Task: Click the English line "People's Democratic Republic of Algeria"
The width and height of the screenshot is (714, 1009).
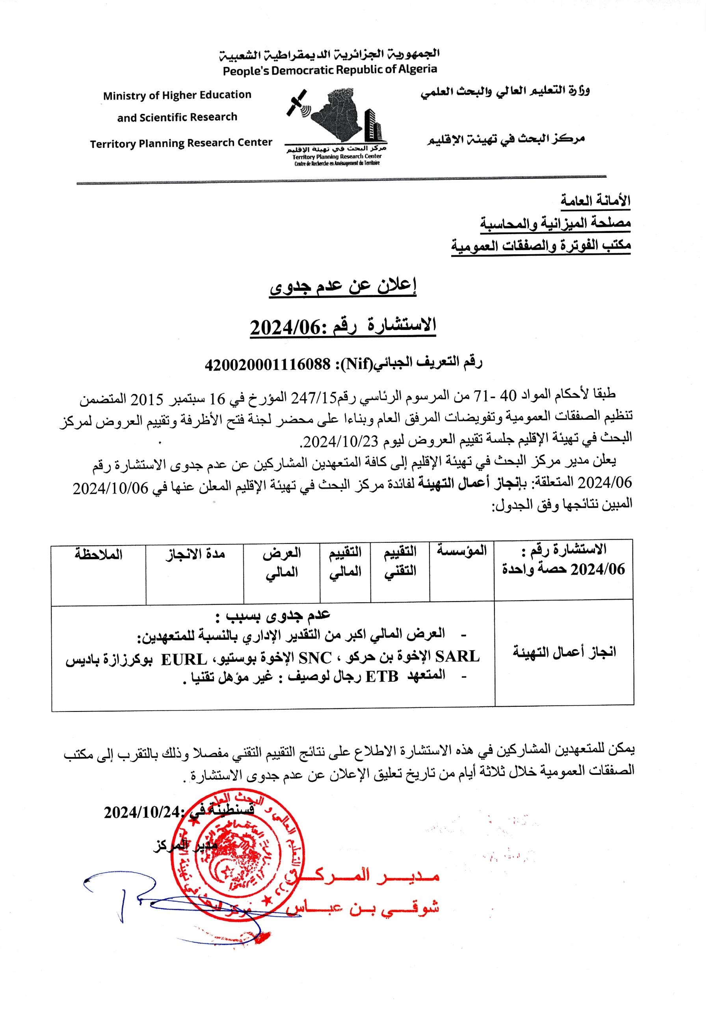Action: pyautogui.click(x=330, y=70)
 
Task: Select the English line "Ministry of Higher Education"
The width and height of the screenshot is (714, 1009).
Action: pyautogui.click(x=177, y=95)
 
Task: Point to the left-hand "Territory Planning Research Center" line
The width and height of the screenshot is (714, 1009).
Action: pyautogui.click(x=181, y=143)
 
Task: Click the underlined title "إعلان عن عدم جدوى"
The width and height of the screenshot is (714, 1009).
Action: pyautogui.click(x=343, y=286)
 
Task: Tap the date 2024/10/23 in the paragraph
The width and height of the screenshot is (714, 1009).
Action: pyautogui.click(x=341, y=441)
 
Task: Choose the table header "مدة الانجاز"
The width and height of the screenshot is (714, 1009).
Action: pyautogui.click(x=195, y=554)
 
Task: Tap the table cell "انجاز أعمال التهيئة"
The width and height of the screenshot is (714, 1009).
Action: pyautogui.click(x=564, y=652)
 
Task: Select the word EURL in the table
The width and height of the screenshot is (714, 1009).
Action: pyautogui.click(x=184, y=660)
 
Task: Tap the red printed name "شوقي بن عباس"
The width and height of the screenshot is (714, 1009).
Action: pyautogui.click(x=363, y=907)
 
